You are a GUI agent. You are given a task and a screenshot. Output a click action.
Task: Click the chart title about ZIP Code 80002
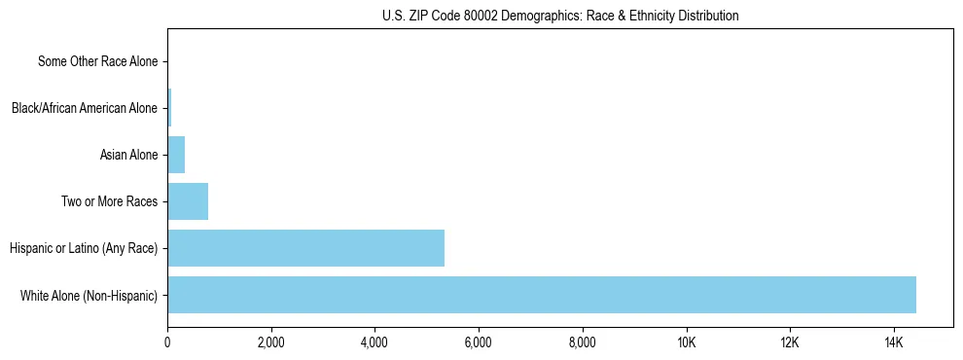click(560, 16)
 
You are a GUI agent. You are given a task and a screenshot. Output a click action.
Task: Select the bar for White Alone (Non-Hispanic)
click(541, 295)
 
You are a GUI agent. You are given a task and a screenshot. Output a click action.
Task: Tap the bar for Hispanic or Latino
click(305, 248)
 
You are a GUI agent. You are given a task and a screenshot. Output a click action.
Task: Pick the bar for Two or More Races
click(188, 201)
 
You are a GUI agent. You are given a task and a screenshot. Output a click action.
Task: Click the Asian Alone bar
click(176, 155)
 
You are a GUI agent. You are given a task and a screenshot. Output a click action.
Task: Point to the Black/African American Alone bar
click(169, 108)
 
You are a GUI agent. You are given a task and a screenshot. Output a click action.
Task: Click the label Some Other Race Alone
click(97, 61)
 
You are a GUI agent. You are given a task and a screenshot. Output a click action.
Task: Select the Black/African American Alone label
click(84, 108)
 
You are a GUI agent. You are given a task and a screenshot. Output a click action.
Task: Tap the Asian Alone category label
click(128, 155)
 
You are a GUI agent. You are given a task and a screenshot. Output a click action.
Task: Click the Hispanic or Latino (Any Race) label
click(84, 248)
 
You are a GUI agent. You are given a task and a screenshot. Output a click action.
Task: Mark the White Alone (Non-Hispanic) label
click(89, 295)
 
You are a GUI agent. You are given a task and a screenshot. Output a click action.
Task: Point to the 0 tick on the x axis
click(167, 343)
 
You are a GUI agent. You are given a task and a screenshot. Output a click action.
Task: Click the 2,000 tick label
click(271, 343)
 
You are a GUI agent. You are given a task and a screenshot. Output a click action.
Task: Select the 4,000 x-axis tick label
click(374, 343)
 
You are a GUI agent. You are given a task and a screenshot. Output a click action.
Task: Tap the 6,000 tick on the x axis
click(479, 343)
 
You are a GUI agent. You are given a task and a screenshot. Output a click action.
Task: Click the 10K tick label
click(686, 343)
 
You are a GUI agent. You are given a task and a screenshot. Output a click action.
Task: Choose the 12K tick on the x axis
click(789, 343)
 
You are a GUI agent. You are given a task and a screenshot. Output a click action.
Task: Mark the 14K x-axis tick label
click(893, 343)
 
